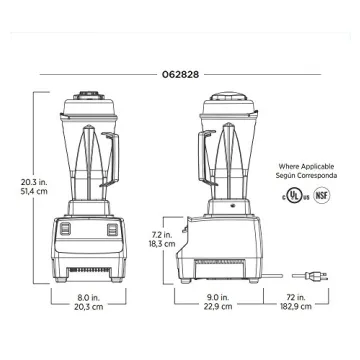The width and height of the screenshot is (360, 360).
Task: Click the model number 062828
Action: [180, 75]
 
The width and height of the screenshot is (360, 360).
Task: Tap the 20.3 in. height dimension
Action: [34, 182]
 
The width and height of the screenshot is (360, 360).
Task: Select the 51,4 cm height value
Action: [34, 192]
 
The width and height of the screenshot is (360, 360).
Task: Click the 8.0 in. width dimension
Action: [88, 297]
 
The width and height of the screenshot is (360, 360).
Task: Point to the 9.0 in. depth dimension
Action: [218, 297]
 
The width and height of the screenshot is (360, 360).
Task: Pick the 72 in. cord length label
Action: [296, 297]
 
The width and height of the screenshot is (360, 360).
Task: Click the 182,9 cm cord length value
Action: [296, 306]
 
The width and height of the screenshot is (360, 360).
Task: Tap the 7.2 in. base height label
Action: [162, 235]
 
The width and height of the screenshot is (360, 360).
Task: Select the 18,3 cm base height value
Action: [162, 244]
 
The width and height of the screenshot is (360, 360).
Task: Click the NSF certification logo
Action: [322, 196]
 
